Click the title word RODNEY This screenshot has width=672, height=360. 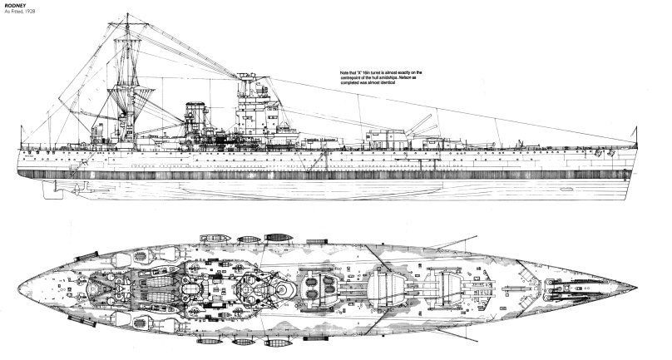tap(16, 5)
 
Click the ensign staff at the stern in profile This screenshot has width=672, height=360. tap(24, 140)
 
